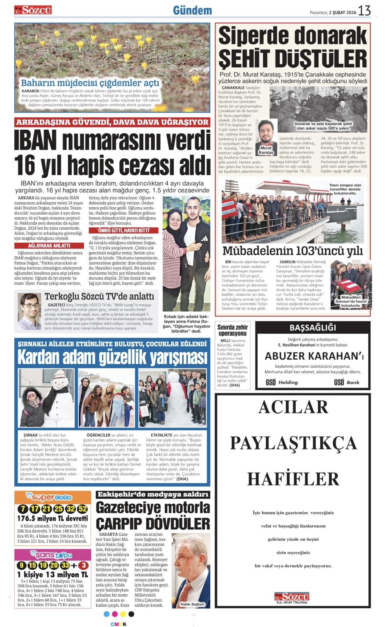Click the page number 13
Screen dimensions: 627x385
pos(364,11)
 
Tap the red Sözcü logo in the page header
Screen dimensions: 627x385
pos(33,10)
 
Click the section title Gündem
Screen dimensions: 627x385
pos(192,11)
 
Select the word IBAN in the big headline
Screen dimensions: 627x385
pos(36,141)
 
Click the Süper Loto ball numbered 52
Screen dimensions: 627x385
pos(83,509)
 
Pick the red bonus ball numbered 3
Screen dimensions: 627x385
pos(84,565)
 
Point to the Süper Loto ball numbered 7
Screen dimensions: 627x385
pos(23,509)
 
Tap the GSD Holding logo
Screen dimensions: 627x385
pos(282,382)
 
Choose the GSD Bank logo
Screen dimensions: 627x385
pos(347,382)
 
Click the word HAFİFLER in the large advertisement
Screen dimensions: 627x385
pos(293,479)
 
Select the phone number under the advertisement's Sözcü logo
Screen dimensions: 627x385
pos(291,602)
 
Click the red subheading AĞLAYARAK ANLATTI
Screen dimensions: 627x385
pos(49,246)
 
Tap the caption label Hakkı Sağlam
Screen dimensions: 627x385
pos(192,604)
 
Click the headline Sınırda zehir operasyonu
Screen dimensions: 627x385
pos(232,330)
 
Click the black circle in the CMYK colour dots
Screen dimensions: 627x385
pos(131,614)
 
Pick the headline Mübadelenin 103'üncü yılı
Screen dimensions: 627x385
pos(292,251)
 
